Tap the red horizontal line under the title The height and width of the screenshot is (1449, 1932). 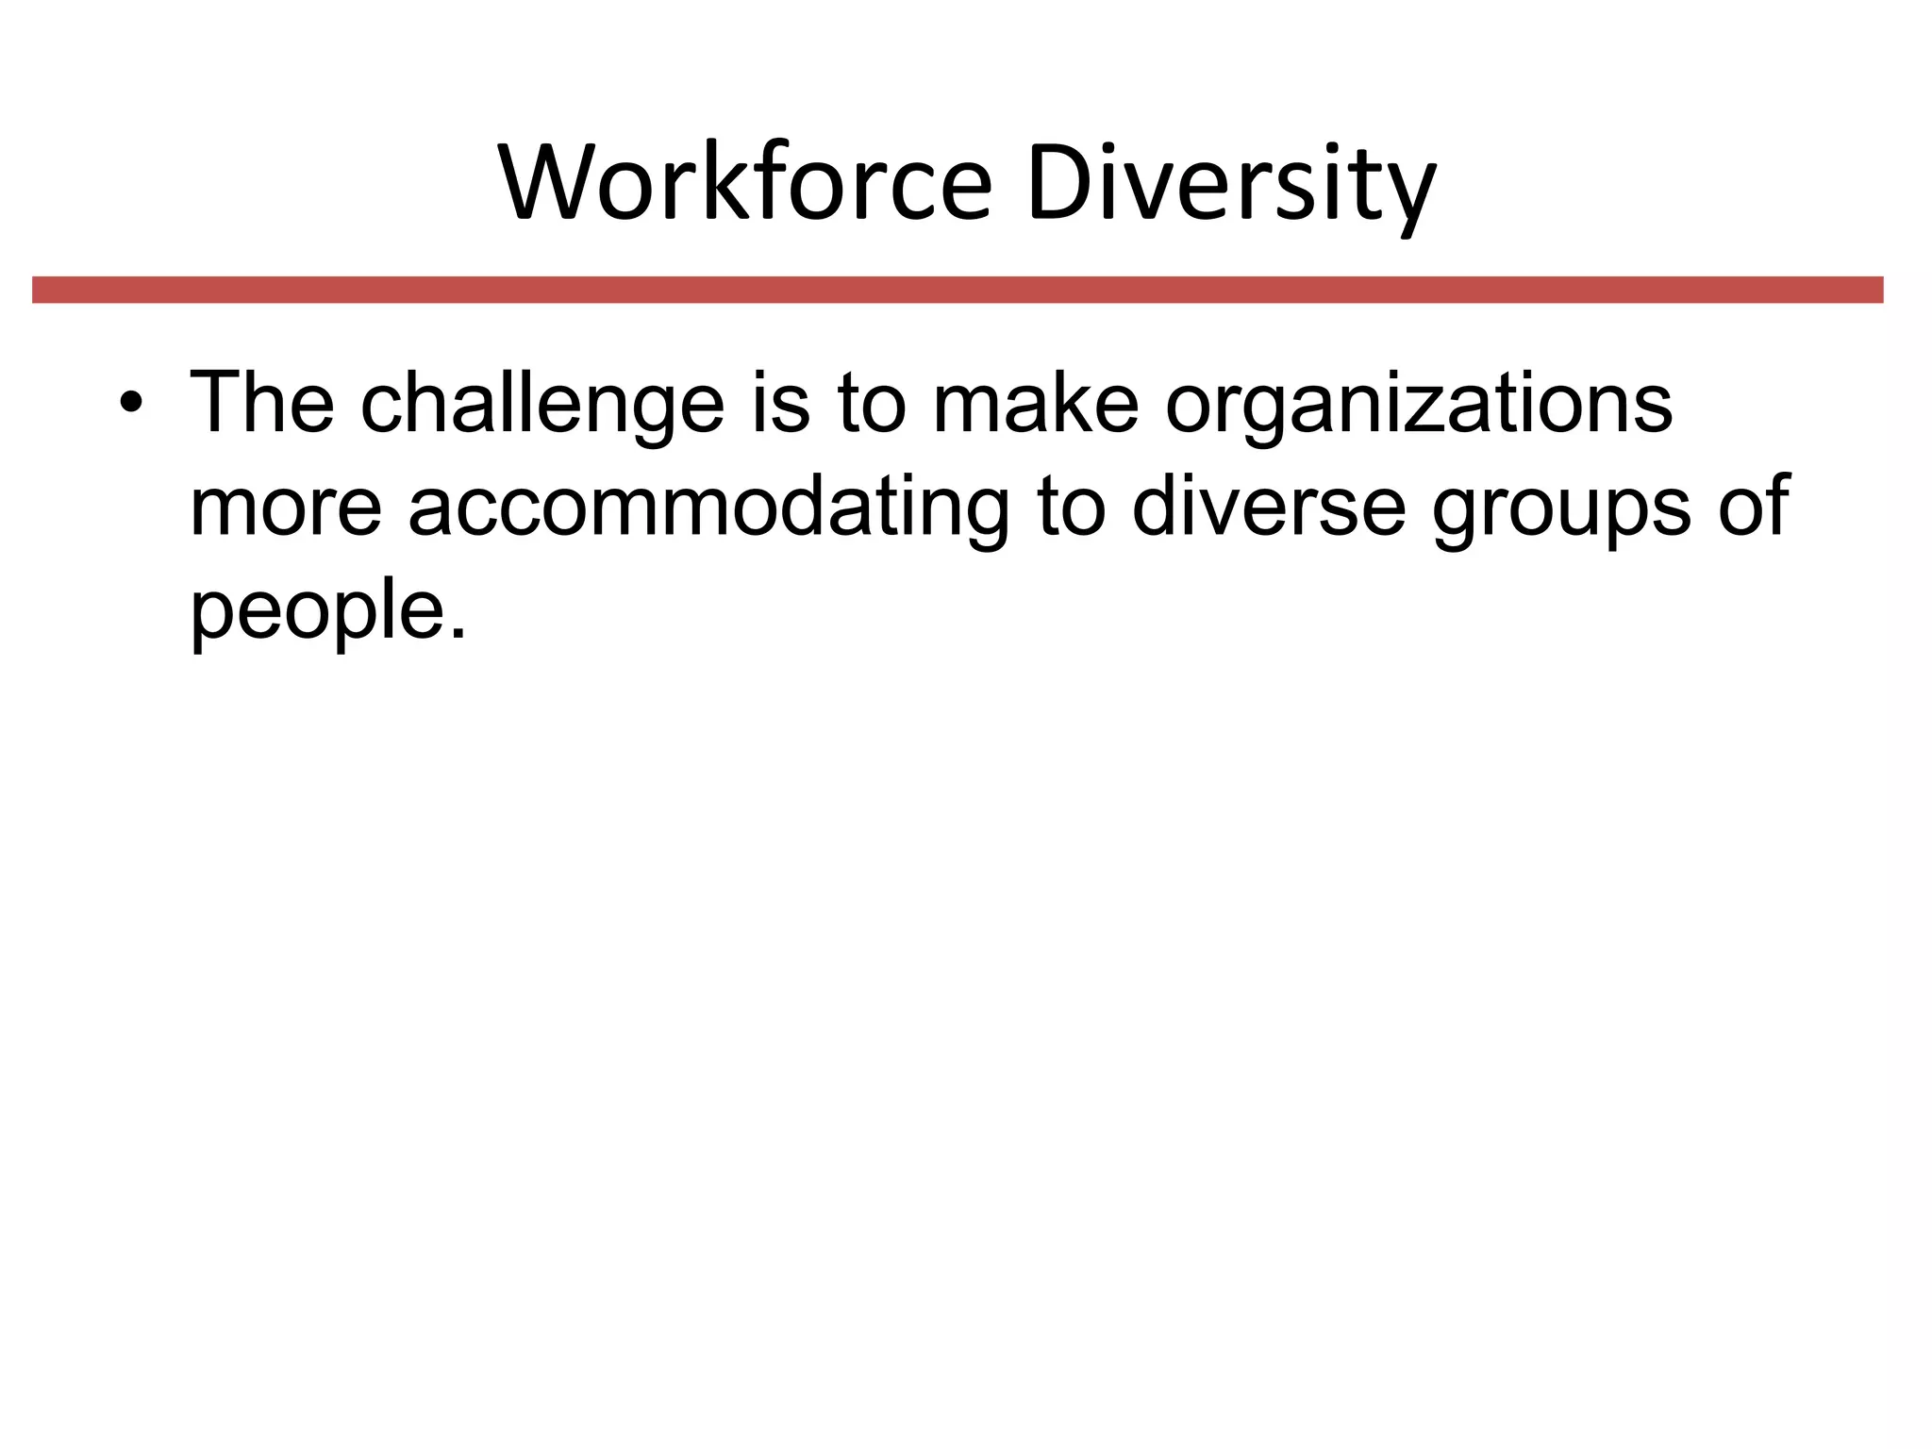pos(958,290)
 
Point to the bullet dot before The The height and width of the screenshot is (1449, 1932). pos(131,404)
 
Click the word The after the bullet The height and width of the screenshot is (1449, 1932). pos(262,404)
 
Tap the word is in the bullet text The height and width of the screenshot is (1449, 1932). pos(780,404)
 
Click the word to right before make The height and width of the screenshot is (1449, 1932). pos(871,404)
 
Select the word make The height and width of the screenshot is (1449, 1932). pos(1035,404)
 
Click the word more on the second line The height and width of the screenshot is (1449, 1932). pos(286,508)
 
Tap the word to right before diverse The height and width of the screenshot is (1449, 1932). pos(1071,508)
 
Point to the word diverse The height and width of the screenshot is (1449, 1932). pos(1268,508)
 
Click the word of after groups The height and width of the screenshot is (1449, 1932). pos(1753,508)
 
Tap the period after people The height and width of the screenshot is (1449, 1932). pos(458,634)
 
